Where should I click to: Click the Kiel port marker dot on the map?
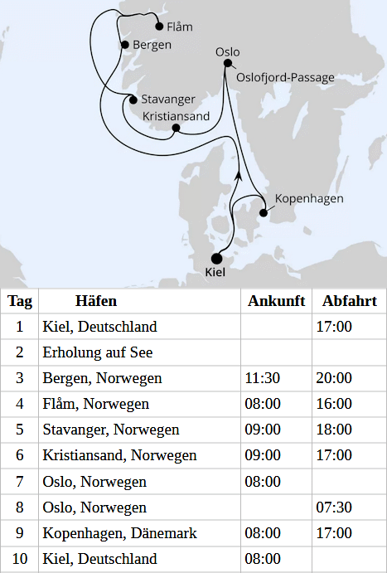pyautogui.click(x=217, y=258)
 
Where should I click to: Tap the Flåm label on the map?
pyautogui.click(x=179, y=27)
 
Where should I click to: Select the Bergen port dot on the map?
pyautogui.click(x=124, y=44)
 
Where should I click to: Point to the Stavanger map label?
pyautogui.click(x=167, y=99)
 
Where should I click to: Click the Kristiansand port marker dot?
pyautogui.click(x=175, y=129)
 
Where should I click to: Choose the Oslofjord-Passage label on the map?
pyautogui.click(x=285, y=78)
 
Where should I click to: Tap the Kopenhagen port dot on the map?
pyautogui.click(x=264, y=212)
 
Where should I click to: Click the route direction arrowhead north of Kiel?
pyautogui.click(x=239, y=175)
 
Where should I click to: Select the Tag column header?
pyautogui.click(x=20, y=301)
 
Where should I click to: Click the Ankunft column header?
pyautogui.click(x=276, y=301)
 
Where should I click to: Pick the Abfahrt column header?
pyautogui.click(x=349, y=301)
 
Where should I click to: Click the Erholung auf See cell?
pyautogui.click(x=98, y=352)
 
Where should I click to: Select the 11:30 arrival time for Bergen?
pyautogui.click(x=263, y=378)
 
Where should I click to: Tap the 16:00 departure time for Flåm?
pyautogui.click(x=334, y=404)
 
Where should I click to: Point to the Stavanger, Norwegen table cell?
pyautogui.click(x=111, y=430)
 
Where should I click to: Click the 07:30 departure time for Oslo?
pyautogui.click(x=334, y=507)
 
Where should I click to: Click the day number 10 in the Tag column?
pyautogui.click(x=20, y=558)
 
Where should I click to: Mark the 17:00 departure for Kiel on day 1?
pyautogui.click(x=334, y=327)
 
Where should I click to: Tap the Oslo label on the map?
pyautogui.click(x=227, y=51)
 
